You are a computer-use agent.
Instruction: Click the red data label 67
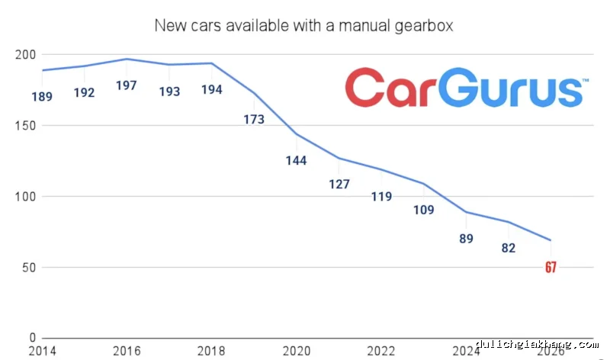click(551, 267)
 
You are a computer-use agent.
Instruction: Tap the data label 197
click(127, 85)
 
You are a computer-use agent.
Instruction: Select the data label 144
click(296, 160)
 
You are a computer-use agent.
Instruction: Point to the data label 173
click(254, 119)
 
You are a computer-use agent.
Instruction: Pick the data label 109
click(424, 210)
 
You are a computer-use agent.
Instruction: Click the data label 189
click(42, 96)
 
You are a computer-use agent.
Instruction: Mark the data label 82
click(509, 248)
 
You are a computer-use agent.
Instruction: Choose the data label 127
click(339, 184)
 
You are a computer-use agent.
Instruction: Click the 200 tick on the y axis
click(25, 54)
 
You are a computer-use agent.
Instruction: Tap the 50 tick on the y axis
click(29, 268)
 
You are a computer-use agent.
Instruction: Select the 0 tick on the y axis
click(32, 338)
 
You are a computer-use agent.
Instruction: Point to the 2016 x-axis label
click(127, 351)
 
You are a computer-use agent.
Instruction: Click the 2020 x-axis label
click(297, 351)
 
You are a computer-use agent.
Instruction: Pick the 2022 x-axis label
click(380, 351)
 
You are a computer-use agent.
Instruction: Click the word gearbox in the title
click(424, 26)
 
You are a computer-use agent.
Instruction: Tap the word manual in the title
click(364, 26)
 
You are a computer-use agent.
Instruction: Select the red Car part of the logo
click(390, 88)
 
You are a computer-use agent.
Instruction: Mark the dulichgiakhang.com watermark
click(538, 344)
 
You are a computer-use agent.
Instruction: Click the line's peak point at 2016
click(127, 59)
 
